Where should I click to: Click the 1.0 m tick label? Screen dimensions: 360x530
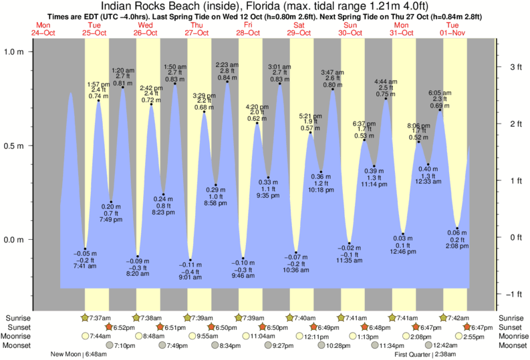point(15,51)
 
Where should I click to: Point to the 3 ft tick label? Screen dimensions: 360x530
point(515,67)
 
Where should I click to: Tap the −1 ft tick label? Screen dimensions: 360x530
point(513,294)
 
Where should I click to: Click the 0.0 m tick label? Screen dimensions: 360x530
point(15,239)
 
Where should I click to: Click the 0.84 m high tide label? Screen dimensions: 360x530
point(227,78)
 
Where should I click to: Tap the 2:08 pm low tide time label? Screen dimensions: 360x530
point(456,247)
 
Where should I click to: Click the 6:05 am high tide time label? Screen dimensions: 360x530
point(440,93)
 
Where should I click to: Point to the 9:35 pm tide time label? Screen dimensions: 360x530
point(268,196)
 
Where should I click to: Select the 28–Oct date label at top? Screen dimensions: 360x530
point(248,32)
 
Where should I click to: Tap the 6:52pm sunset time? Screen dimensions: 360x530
point(126,327)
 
